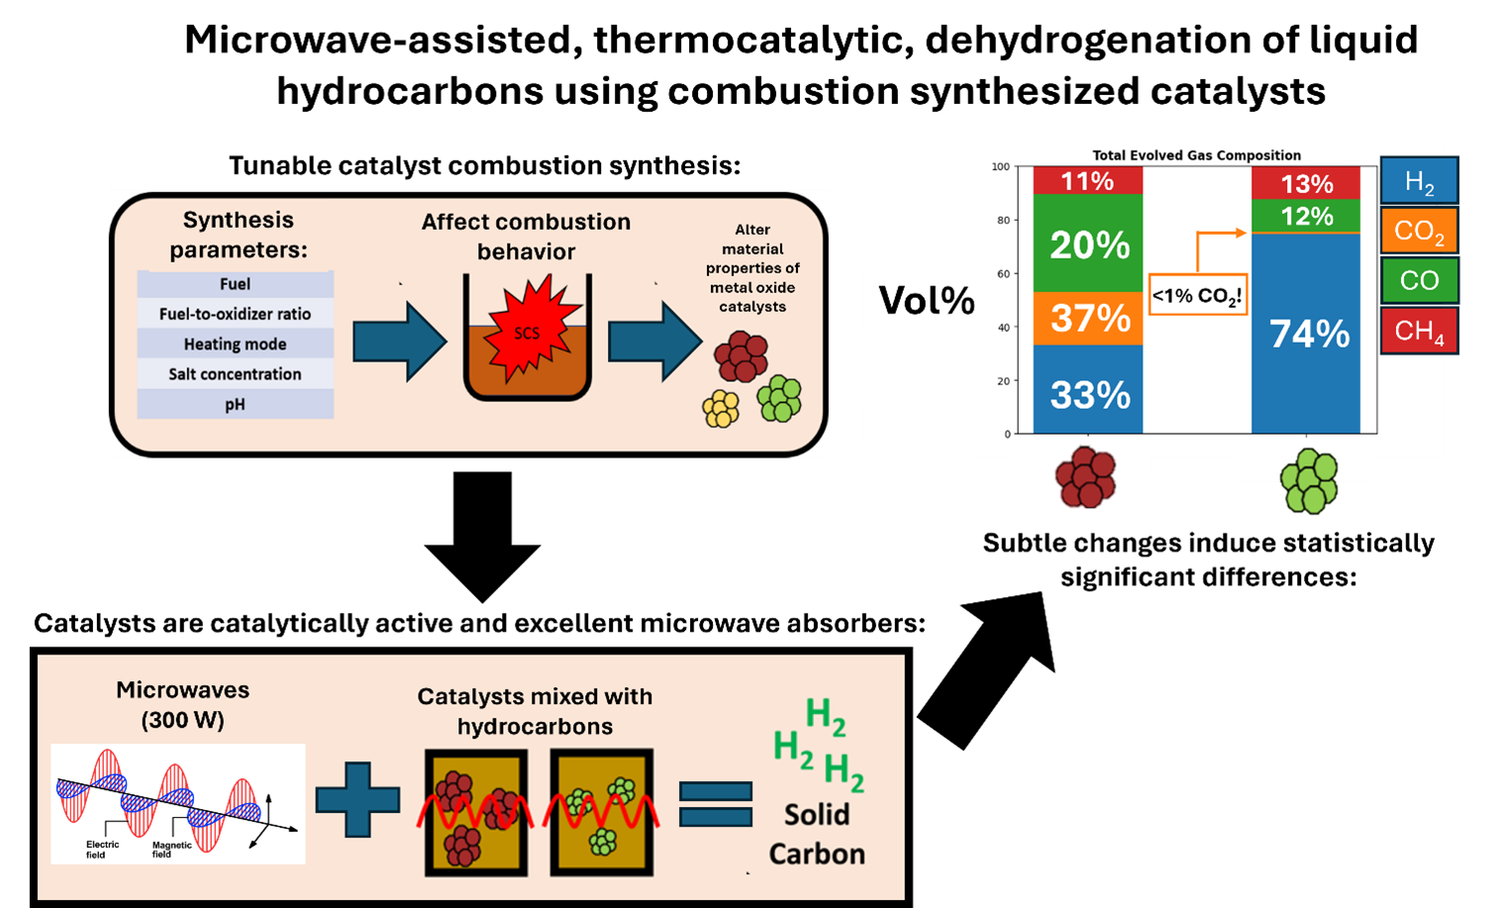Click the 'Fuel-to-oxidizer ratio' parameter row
click(235, 314)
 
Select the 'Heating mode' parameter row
click(235, 345)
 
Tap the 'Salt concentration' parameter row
click(235, 374)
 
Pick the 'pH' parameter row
click(235, 404)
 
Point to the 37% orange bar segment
click(1088, 319)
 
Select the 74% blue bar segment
click(1306, 334)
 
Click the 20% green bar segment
click(1088, 244)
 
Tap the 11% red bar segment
click(1088, 181)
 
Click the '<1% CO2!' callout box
click(1196, 295)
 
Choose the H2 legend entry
click(1419, 181)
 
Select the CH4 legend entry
click(1419, 331)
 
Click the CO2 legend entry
click(1419, 231)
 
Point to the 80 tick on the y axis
click(1004, 221)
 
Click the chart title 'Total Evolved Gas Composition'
click(1196, 155)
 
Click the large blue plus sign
click(357, 799)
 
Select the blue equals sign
click(716, 803)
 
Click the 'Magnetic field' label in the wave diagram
click(171, 850)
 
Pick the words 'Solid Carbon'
click(817, 834)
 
